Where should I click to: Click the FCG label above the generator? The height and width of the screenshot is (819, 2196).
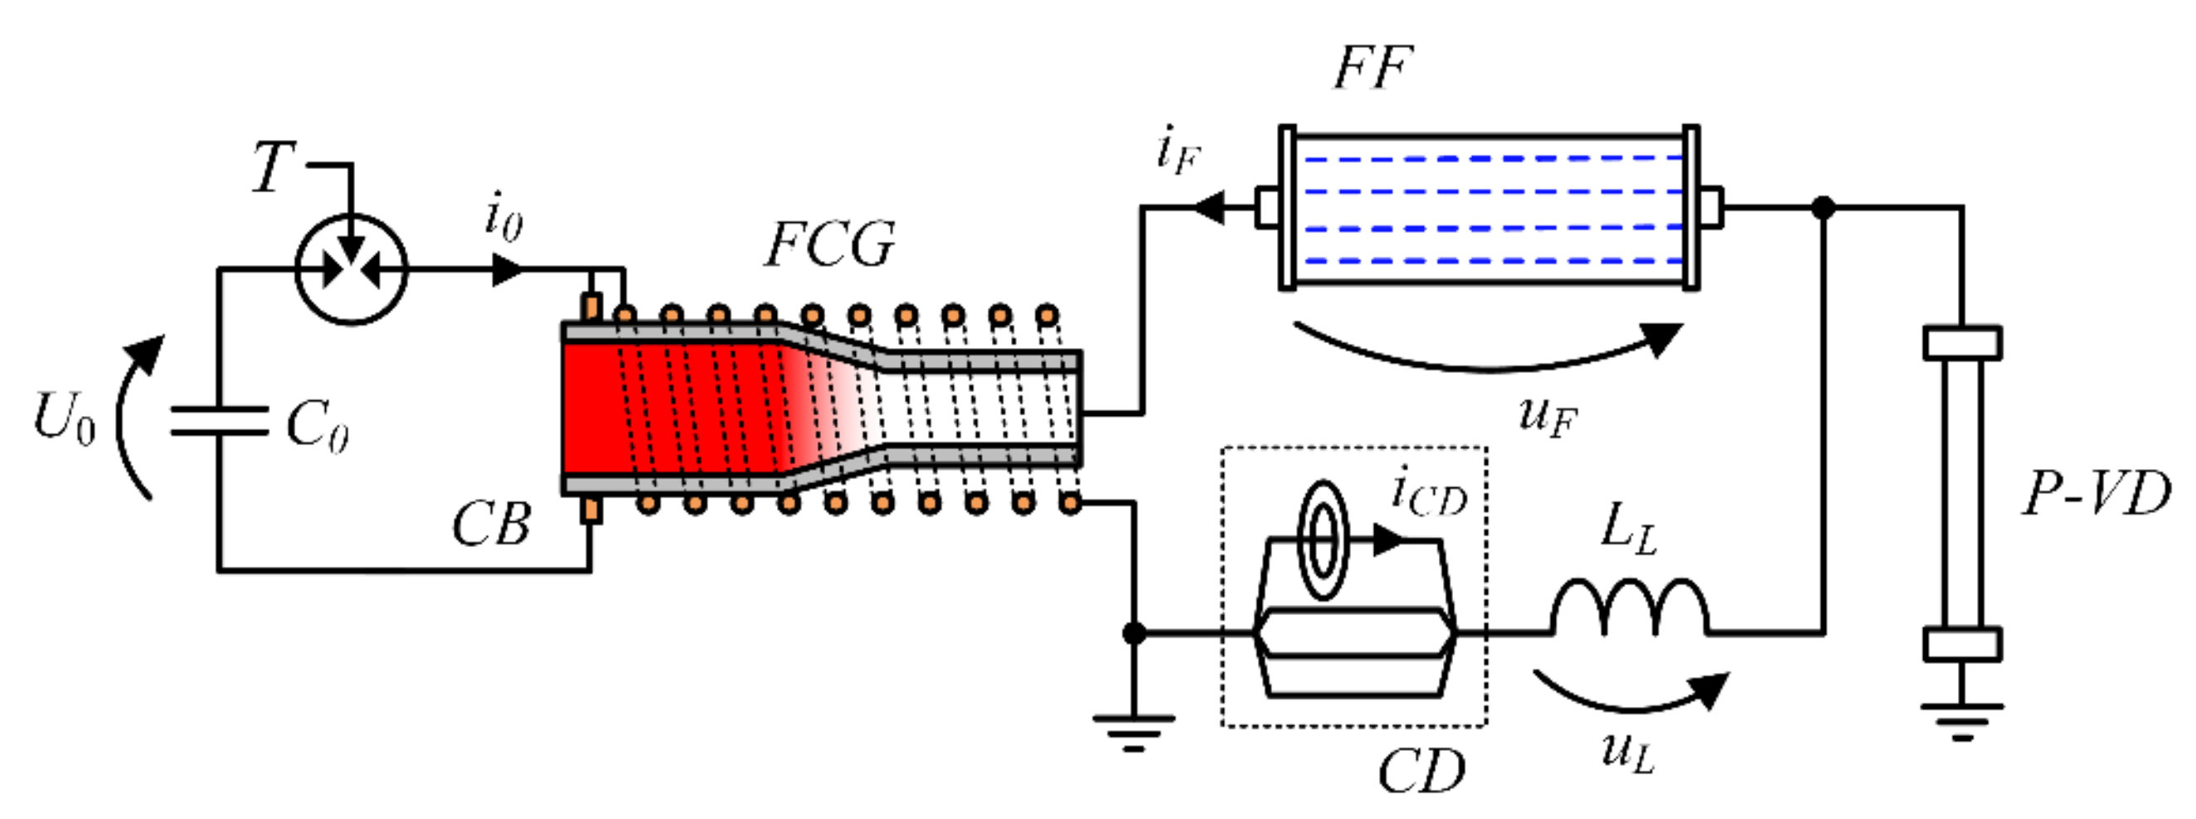[x=830, y=245]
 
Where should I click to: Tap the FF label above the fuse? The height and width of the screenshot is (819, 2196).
[x=1372, y=68]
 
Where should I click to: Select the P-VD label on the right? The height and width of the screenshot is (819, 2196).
[x=2096, y=493]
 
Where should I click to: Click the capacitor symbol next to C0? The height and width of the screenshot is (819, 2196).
[x=219, y=421]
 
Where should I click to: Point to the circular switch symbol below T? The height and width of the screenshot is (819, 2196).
[x=352, y=269]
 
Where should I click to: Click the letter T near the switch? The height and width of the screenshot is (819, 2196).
[x=274, y=167]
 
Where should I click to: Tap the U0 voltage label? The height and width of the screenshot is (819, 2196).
[x=64, y=419]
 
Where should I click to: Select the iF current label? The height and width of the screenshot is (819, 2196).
[x=1179, y=152]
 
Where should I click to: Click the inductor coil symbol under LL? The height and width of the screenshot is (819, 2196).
[x=1629, y=607]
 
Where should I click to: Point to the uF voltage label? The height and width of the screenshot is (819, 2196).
[x=1547, y=417]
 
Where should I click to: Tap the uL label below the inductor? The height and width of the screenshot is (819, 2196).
[x=1627, y=752]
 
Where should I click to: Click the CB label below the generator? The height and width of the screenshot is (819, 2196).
[x=491, y=523]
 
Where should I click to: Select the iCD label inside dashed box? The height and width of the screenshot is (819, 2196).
[x=1429, y=494]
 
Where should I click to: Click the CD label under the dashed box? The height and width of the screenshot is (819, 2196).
[x=1421, y=771]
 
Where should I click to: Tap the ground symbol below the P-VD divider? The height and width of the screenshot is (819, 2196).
[x=1961, y=721]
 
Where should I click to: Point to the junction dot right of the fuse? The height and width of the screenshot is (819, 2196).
[x=1823, y=207]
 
